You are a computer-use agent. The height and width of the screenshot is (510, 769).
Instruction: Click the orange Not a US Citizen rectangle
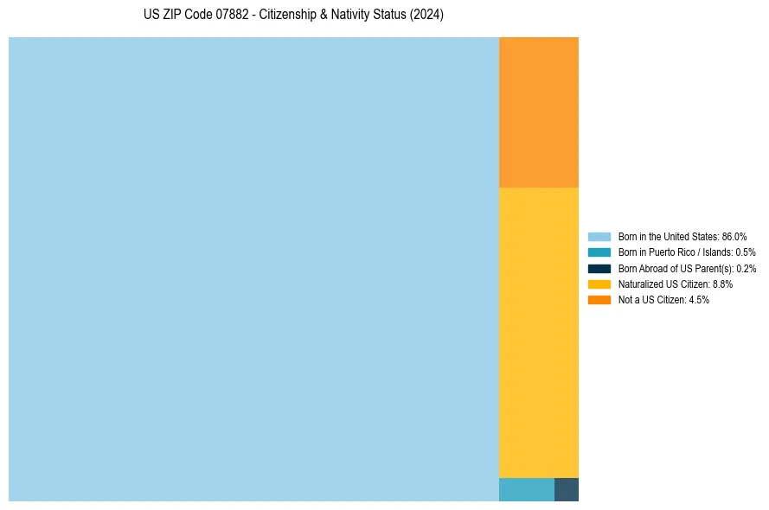tap(538, 112)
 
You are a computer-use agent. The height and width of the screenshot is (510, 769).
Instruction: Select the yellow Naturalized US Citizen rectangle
tap(538, 332)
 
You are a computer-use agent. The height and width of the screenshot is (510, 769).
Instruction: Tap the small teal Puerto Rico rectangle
tap(526, 489)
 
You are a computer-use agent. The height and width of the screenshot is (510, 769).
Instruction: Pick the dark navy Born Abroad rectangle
tap(566, 489)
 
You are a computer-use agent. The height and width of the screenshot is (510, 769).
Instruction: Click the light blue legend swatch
tap(599, 236)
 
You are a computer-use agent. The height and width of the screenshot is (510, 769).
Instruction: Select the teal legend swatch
tap(599, 252)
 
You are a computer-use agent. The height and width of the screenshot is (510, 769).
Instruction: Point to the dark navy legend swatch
tap(599, 268)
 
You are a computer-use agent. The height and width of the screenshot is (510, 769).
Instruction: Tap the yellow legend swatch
tap(599, 284)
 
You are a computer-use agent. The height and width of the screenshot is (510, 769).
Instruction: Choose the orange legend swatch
tap(599, 300)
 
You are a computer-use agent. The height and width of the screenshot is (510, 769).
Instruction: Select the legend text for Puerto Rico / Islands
tap(675, 252)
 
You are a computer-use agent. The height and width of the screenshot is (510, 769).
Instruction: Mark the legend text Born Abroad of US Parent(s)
tap(676, 268)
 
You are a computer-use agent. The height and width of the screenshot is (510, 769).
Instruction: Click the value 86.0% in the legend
tap(734, 236)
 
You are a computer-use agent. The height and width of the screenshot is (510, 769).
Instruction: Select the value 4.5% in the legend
tap(699, 300)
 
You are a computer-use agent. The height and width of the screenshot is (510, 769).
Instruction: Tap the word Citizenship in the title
tap(290, 16)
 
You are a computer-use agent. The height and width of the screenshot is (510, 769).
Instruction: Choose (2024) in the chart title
tap(426, 16)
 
